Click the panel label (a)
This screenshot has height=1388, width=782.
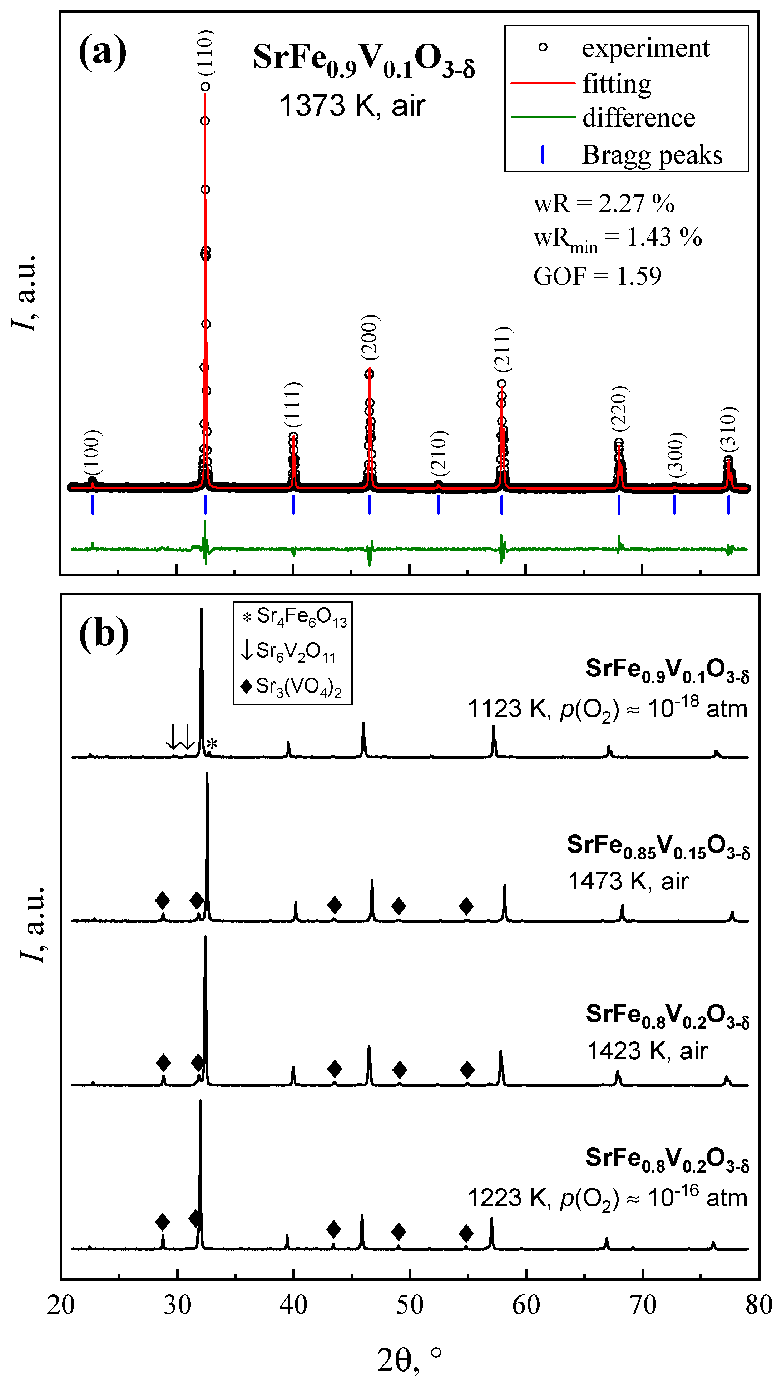(x=103, y=52)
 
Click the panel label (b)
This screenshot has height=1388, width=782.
(x=104, y=634)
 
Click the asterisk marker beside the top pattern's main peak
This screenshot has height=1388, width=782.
(x=212, y=745)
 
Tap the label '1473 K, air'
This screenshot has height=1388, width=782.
(x=628, y=882)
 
